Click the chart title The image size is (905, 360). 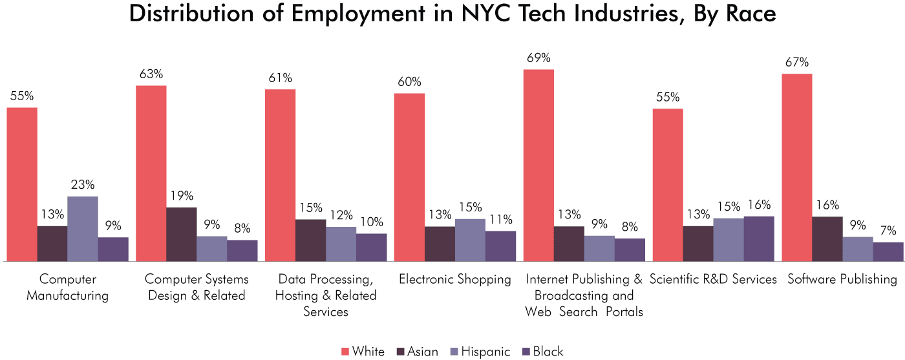(x=452, y=15)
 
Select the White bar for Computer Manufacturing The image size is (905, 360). (x=22, y=184)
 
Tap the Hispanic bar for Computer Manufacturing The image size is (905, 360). (x=83, y=229)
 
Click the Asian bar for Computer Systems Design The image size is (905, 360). (x=182, y=234)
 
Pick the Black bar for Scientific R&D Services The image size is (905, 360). (x=759, y=238)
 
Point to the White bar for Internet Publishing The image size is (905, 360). (x=538, y=165)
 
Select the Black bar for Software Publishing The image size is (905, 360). (x=888, y=251)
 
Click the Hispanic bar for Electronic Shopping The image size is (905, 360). (x=470, y=240)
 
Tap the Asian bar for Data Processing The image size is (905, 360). (x=311, y=240)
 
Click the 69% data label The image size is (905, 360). (x=538, y=58)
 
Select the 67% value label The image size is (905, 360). (x=796, y=63)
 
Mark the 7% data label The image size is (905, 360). (x=888, y=231)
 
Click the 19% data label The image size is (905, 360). (x=181, y=196)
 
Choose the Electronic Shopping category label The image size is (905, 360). (x=454, y=279)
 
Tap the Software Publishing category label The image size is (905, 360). (x=842, y=279)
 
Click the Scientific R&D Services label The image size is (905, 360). (x=713, y=279)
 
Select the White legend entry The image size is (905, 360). (x=363, y=352)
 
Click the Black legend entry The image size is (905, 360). (x=542, y=352)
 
